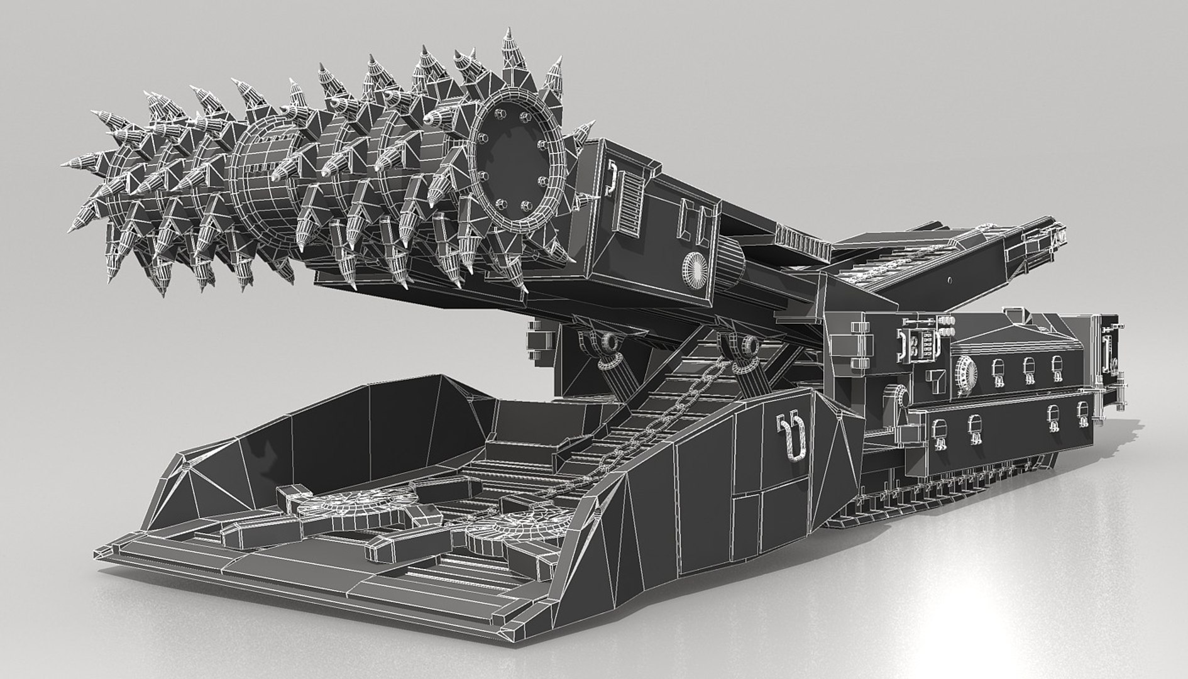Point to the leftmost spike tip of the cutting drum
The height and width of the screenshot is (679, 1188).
click(x=65, y=165)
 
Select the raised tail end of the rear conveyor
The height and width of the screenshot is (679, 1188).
click(x=1037, y=236)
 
